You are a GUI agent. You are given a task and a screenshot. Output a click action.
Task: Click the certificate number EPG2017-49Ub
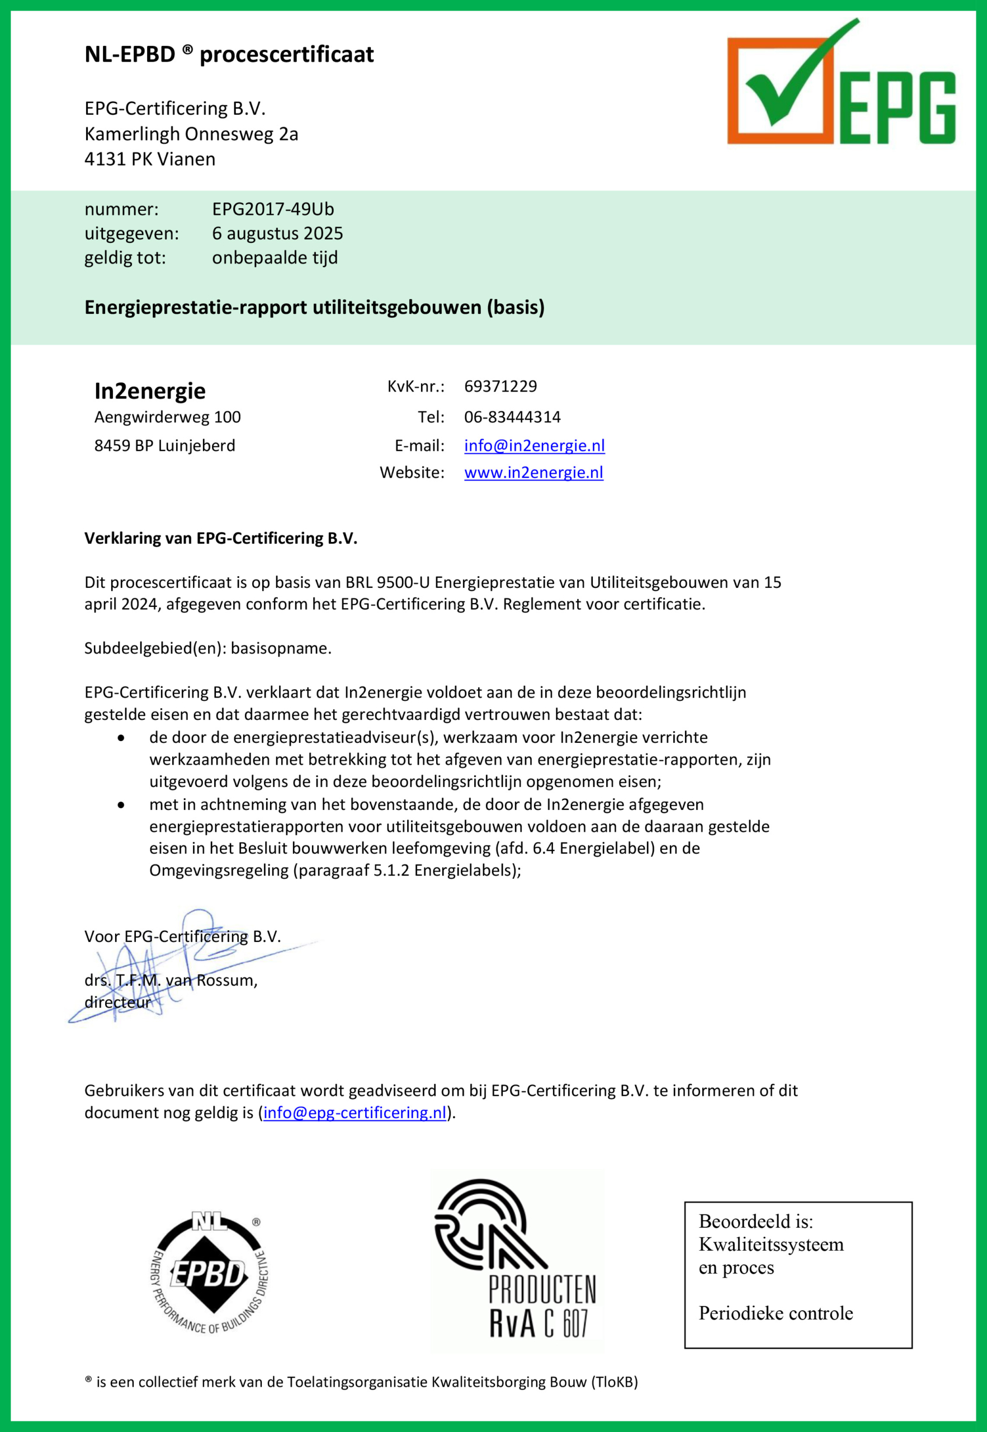pos(273,209)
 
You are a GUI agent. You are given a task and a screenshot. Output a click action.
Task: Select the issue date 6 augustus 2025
pos(277,233)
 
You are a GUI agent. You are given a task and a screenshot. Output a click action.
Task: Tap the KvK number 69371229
pos(500,387)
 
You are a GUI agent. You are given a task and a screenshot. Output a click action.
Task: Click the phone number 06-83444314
pos(512,417)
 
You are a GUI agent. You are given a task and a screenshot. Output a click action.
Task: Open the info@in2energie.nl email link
pos(534,445)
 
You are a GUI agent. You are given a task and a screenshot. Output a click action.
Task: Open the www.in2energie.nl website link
pos(533,473)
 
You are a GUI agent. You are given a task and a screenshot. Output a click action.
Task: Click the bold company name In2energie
pos(150,391)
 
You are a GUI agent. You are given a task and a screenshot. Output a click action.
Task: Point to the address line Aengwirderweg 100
pos(168,417)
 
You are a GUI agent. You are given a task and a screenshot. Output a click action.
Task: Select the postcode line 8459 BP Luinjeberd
pos(164,445)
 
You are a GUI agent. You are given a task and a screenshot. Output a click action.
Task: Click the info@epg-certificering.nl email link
pos(355,1112)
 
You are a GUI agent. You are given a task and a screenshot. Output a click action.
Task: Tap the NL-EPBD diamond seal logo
pos(210,1273)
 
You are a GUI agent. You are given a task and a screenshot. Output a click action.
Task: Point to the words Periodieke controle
pos(776,1313)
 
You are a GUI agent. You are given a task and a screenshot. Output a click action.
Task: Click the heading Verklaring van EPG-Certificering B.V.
pos(221,538)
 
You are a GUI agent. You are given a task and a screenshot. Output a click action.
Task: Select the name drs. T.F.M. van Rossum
pos(171,980)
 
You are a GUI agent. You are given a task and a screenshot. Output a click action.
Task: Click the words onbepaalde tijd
pos(275,257)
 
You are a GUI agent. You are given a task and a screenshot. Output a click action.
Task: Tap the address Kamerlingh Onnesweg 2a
pos(191,134)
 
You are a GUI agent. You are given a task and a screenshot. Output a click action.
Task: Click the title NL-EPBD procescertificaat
pos(229,54)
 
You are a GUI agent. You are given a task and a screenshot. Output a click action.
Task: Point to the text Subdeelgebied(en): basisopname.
pos(208,648)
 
